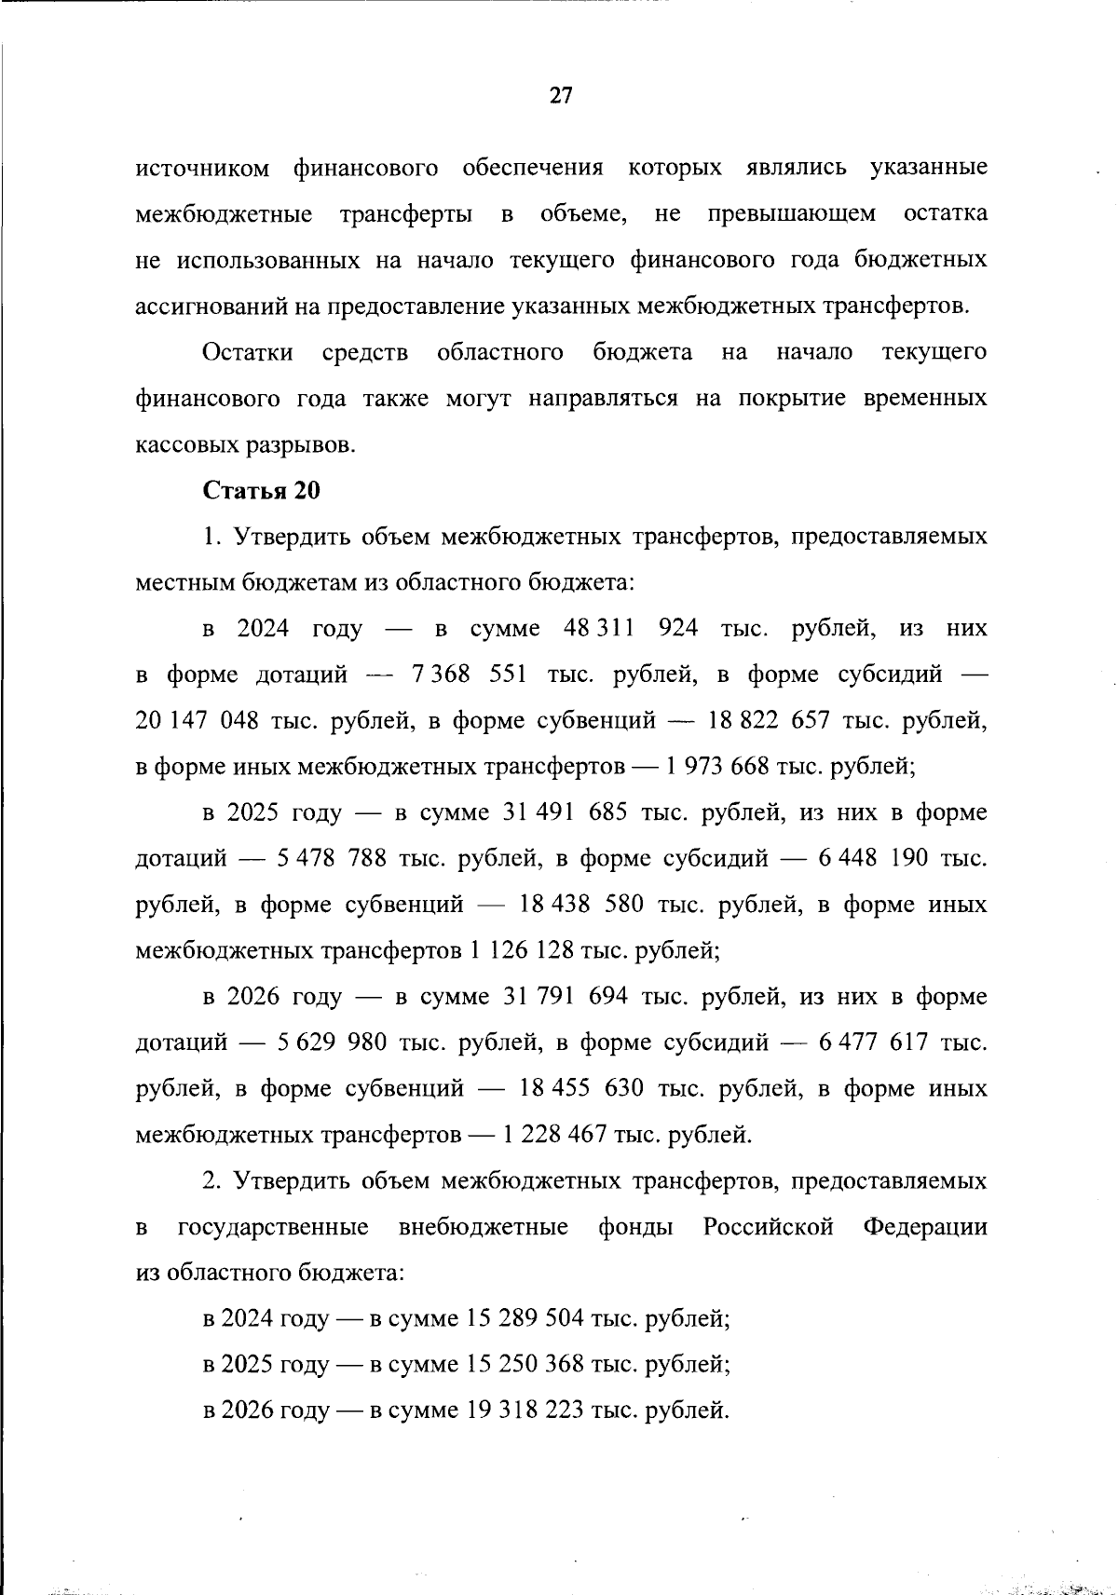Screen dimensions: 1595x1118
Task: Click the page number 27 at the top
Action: pyautogui.click(x=560, y=96)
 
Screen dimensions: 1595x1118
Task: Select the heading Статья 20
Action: pyautogui.click(x=261, y=491)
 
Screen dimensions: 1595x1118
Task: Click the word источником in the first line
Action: pyautogui.click(x=203, y=169)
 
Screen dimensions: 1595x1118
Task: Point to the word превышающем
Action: pyautogui.click(x=791, y=214)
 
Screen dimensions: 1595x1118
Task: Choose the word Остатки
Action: pyautogui.click(x=248, y=353)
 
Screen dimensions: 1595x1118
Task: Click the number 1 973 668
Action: pyautogui.click(x=716, y=767)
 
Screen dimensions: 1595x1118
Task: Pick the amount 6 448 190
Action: pyautogui.click(x=873, y=859)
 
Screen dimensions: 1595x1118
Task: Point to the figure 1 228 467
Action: pyautogui.click(x=556, y=1135)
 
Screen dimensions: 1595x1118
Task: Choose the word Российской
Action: pyautogui.click(x=768, y=1227)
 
